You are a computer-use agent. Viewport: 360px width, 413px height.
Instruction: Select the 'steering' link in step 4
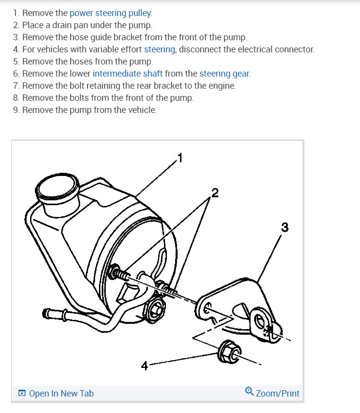coord(160,49)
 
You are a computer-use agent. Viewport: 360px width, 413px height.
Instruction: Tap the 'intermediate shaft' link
coord(128,74)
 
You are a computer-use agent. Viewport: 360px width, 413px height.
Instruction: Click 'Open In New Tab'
coord(61,393)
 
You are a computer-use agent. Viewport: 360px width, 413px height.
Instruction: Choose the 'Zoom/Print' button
coord(277,393)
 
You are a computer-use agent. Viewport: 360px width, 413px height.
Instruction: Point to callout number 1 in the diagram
coord(180,158)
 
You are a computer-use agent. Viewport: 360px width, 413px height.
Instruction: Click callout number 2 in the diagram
coord(215,193)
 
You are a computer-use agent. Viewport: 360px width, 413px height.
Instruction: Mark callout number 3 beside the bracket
coord(285,227)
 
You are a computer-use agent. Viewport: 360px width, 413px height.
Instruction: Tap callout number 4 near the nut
coord(144,366)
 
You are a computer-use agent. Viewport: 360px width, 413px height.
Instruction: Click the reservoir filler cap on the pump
coord(58,187)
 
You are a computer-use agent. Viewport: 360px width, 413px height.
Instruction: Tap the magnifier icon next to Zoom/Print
coord(249,392)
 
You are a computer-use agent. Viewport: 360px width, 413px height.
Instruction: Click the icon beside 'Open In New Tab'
coord(22,394)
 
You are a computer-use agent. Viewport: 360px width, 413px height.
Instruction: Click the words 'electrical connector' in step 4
coord(277,49)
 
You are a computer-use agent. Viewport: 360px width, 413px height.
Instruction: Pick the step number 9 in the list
coord(16,110)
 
